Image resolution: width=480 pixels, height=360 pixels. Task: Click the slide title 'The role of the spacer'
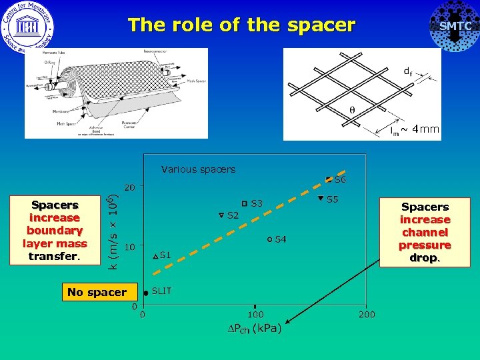click(x=241, y=25)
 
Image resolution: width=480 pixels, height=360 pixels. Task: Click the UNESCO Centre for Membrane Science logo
click(x=27, y=27)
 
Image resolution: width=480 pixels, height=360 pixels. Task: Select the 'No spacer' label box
click(x=97, y=292)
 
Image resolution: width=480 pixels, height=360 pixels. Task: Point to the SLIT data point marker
click(x=146, y=293)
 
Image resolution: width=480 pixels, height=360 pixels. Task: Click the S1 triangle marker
click(x=155, y=256)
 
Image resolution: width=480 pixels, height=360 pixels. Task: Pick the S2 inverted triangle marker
click(x=222, y=215)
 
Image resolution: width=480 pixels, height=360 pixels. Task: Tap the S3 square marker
click(x=245, y=203)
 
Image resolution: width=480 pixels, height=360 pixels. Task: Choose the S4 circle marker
click(x=269, y=239)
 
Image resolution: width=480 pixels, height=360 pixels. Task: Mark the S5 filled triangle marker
click(x=320, y=199)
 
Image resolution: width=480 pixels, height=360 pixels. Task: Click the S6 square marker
click(x=329, y=179)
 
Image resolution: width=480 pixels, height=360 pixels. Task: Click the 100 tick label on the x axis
click(x=255, y=315)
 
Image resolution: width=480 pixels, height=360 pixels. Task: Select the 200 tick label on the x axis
click(x=367, y=315)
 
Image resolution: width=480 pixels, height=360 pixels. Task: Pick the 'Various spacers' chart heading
click(x=198, y=169)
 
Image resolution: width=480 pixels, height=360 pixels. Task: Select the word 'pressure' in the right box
click(x=425, y=245)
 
